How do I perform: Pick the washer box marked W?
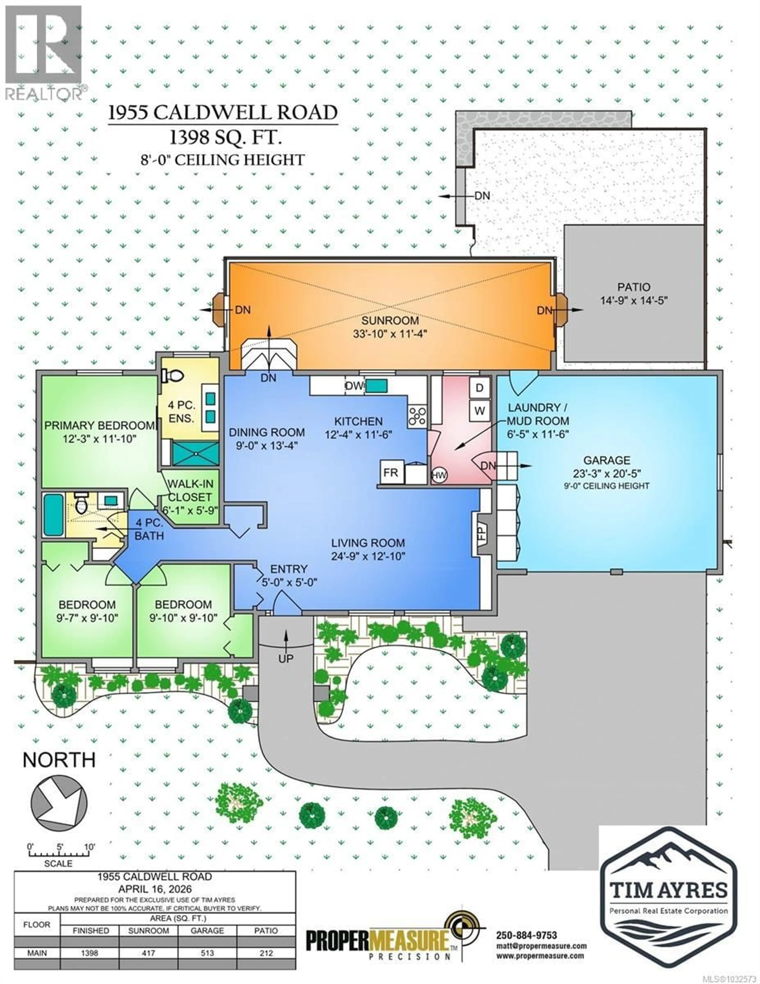click(x=479, y=411)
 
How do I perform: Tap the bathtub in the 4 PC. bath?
click(x=54, y=514)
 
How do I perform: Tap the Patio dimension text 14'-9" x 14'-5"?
click(x=633, y=300)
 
